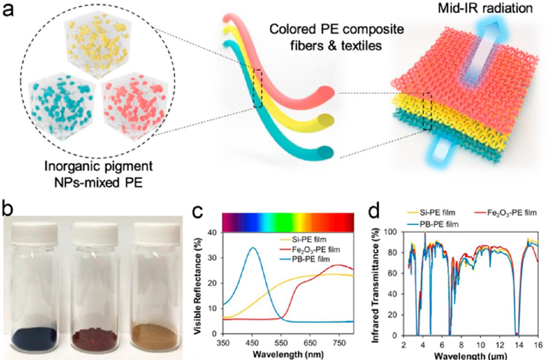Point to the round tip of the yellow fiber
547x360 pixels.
click(x=327, y=120)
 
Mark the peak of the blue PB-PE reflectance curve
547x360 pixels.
click(x=253, y=247)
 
